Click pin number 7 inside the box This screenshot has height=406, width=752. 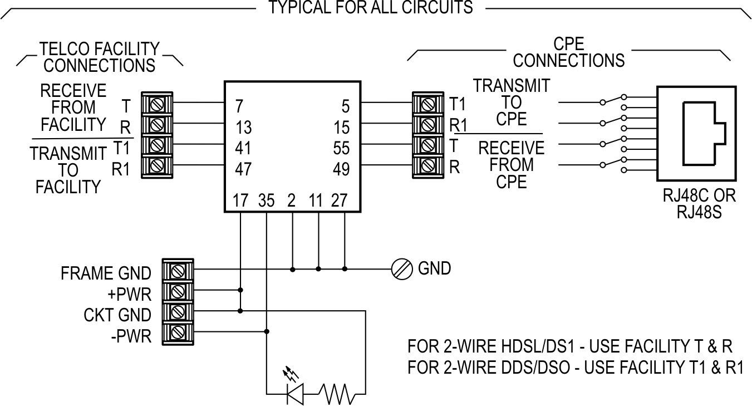239,105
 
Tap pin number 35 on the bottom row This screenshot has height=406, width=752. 267,200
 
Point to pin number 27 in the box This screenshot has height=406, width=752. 339,200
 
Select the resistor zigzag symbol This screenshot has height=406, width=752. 336,394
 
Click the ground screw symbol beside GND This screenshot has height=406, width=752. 401,268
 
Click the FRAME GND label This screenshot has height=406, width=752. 106,273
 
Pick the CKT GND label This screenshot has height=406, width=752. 117,315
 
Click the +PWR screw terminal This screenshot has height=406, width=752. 177,291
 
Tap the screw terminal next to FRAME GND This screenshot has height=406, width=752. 177,270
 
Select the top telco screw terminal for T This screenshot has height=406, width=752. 156,103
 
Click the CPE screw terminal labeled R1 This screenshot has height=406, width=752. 428,124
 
